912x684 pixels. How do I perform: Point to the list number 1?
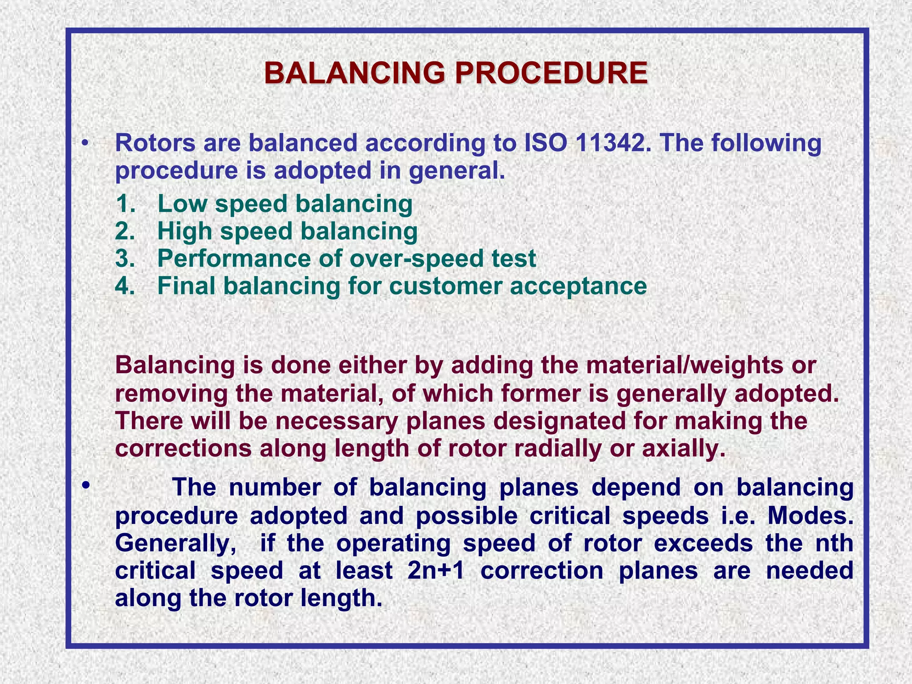[x=125, y=204]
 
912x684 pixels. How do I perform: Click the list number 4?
[x=125, y=286]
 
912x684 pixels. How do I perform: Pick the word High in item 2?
[x=185, y=232]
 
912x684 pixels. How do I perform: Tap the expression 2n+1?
[x=436, y=571]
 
